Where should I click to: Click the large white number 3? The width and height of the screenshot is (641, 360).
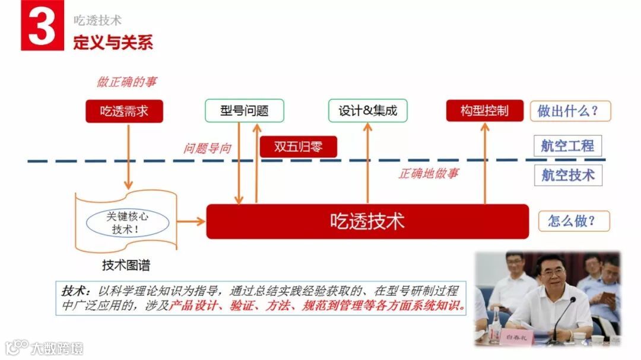[42, 27]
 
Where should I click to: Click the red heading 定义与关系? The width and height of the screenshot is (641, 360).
[113, 43]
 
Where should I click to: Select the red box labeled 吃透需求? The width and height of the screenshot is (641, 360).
[124, 111]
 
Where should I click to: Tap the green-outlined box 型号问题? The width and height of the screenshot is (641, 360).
[245, 111]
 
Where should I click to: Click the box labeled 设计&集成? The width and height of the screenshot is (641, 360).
[368, 111]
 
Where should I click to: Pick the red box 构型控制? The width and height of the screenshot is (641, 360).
[485, 111]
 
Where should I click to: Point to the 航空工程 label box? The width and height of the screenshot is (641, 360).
[567, 146]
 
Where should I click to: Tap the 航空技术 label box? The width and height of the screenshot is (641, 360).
[567, 175]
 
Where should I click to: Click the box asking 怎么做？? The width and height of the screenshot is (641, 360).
[574, 221]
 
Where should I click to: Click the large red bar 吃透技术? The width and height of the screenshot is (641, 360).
[367, 222]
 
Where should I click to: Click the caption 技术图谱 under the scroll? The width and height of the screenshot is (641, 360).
[126, 265]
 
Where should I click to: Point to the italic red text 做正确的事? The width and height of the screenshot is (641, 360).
[126, 82]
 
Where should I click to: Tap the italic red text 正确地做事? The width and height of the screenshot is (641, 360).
[428, 174]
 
